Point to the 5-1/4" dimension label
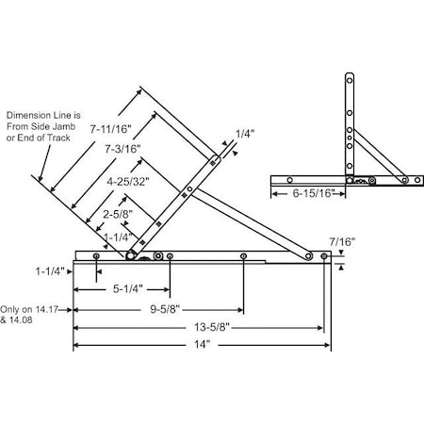tap(124, 288)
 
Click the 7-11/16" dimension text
tap(111, 128)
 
